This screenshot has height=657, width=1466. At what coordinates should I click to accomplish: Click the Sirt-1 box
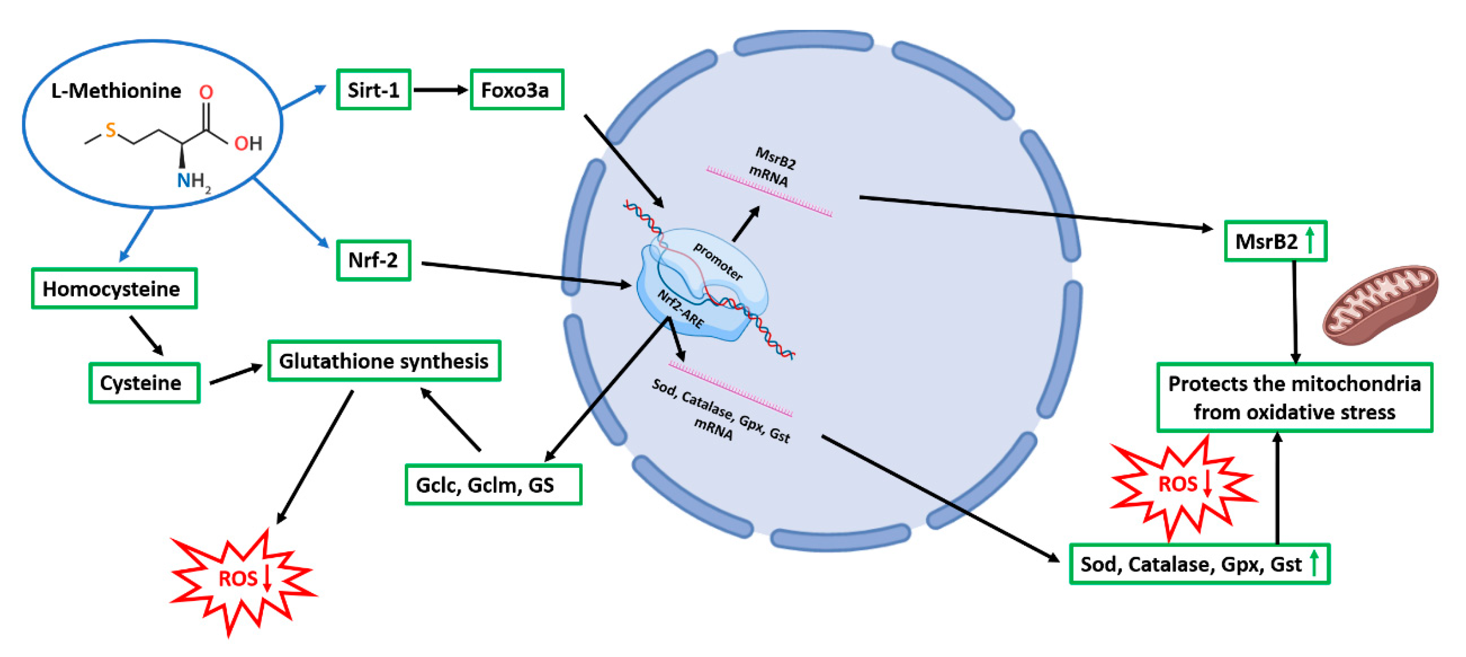pos(373,90)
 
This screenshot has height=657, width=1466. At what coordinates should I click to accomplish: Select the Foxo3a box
pos(516,90)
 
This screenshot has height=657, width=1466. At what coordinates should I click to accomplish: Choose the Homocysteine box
pos(114,289)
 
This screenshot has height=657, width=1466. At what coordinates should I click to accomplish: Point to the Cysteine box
pos(144,382)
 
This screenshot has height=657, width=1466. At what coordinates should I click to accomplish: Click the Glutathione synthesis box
pos(384,361)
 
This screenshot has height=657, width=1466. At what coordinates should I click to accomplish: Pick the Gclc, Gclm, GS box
pos(492,484)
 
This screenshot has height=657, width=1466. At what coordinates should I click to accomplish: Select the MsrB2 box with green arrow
pos(1275,241)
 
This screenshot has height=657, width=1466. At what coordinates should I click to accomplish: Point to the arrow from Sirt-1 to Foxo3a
pos(440,90)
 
